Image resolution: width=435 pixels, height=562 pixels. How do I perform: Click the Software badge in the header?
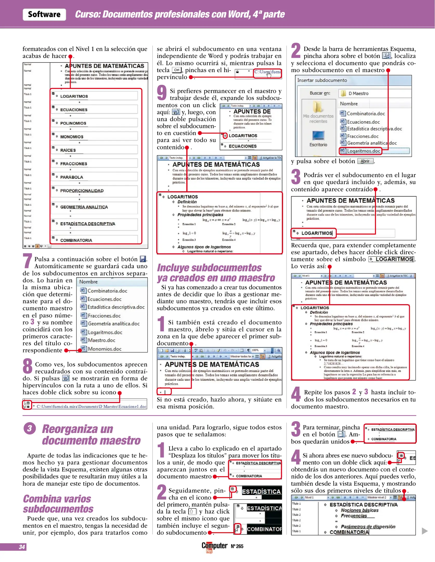[x=44, y=14]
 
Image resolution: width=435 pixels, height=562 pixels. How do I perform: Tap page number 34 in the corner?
[x=22, y=547]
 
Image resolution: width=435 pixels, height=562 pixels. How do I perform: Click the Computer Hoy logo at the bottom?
[x=214, y=546]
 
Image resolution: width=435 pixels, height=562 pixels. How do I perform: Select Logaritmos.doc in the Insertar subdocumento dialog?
[x=363, y=151]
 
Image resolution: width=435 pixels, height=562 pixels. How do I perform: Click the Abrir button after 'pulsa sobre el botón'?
[x=365, y=161]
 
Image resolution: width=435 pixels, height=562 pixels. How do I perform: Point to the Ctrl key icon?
[x=177, y=70]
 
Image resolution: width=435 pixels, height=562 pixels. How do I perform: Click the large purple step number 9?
[x=162, y=93]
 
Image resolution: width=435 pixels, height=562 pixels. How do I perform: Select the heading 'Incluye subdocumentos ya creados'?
[x=216, y=273]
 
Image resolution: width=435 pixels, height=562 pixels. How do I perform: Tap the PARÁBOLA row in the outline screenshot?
[x=72, y=177]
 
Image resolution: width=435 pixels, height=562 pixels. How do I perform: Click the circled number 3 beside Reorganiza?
[x=30, y=429]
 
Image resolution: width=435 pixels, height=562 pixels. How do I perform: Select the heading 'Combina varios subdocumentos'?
[x=58, y=504]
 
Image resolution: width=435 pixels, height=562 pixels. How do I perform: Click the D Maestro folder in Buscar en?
[x=358, y=93]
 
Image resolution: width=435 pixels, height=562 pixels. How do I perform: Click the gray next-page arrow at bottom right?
[x=425, y=531]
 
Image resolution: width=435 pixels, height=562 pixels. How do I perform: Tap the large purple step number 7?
[x=27, y=261]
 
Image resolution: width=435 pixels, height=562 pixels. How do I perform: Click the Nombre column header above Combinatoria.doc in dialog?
[x=349, y=104]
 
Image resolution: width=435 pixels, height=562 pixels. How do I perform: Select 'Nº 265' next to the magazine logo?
[x=237, y=546]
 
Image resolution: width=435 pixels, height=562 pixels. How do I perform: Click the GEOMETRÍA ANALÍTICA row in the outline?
[x=84, y=207]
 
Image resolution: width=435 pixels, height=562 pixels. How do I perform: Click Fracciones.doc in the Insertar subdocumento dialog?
[x=363, y=136]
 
